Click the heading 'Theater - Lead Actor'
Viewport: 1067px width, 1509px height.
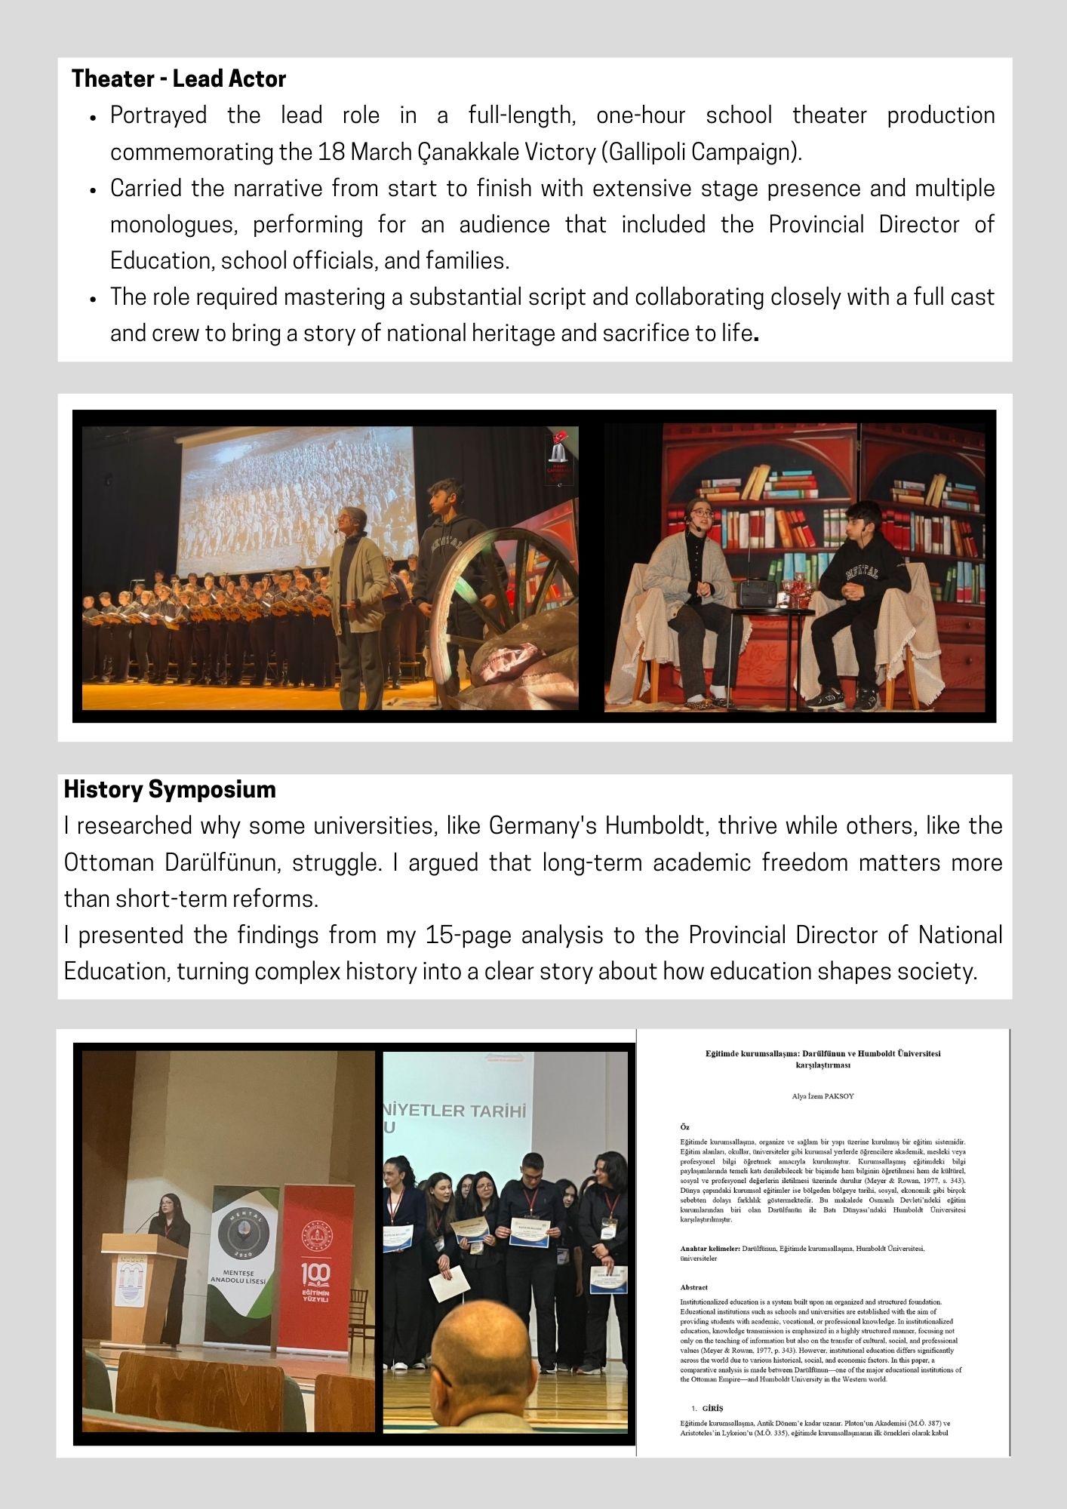click(x=179, y=79)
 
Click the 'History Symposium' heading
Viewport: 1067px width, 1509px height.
click(x=170, y=790)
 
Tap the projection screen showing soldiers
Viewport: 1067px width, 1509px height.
click(x=294, y=498)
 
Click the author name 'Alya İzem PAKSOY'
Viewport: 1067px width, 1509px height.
click(x=823, y=1096)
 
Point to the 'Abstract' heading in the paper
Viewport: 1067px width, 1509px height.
click(x=693, y=1287)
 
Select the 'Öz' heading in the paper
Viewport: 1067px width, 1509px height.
click(x=684, y=1127)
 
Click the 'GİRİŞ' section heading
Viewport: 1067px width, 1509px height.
click(x=712, y=1408)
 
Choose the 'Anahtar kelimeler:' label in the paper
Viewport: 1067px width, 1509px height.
click(x=709, y=1249)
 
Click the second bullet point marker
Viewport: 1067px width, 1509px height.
click(x=93, y=190)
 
